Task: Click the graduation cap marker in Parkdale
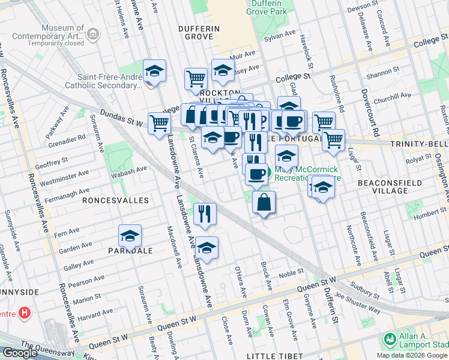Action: [x=130, y=237]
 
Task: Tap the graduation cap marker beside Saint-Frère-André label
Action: [x=154, y=71]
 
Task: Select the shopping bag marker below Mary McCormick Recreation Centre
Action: [x=264, y=203]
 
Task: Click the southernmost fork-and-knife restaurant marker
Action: [x=205, y=214]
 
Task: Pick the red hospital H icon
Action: [x=24, y=313]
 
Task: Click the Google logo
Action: [x=20, y=353]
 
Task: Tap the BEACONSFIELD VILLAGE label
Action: [x=390, y=186]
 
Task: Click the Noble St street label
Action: [x=291, y=273]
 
